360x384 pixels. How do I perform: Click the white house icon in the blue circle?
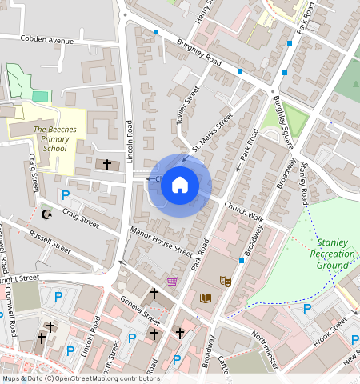(x=180, y=186)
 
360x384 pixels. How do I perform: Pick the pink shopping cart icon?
(x=172, y=281)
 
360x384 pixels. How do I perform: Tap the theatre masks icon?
(x=226, y=282)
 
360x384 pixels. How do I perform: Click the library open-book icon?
(x=205, y=298)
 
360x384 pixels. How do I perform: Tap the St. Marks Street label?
(x=212, y=132)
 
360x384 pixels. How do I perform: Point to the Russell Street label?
(x=50, y=240)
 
